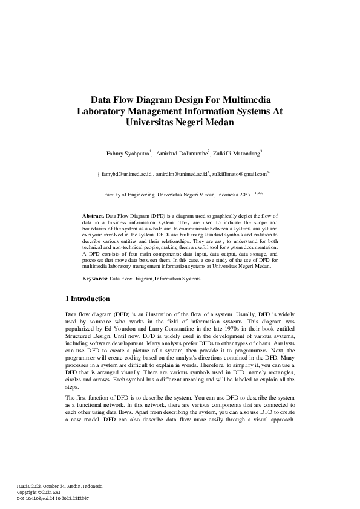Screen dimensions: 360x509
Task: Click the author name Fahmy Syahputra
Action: point(126,154)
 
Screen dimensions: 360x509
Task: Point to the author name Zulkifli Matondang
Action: point(235,154)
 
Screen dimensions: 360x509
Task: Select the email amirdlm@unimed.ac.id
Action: point(181,174)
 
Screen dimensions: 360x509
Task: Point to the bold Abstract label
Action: point(93,215)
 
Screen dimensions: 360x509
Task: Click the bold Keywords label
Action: point(95,279)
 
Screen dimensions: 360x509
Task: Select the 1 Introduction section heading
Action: point(87,299)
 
